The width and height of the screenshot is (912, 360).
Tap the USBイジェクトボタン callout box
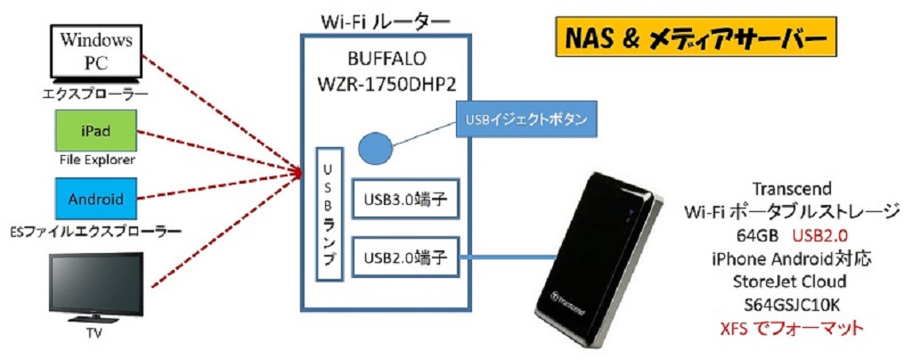pos(521,119)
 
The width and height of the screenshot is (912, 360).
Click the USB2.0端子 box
pos(404,259)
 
